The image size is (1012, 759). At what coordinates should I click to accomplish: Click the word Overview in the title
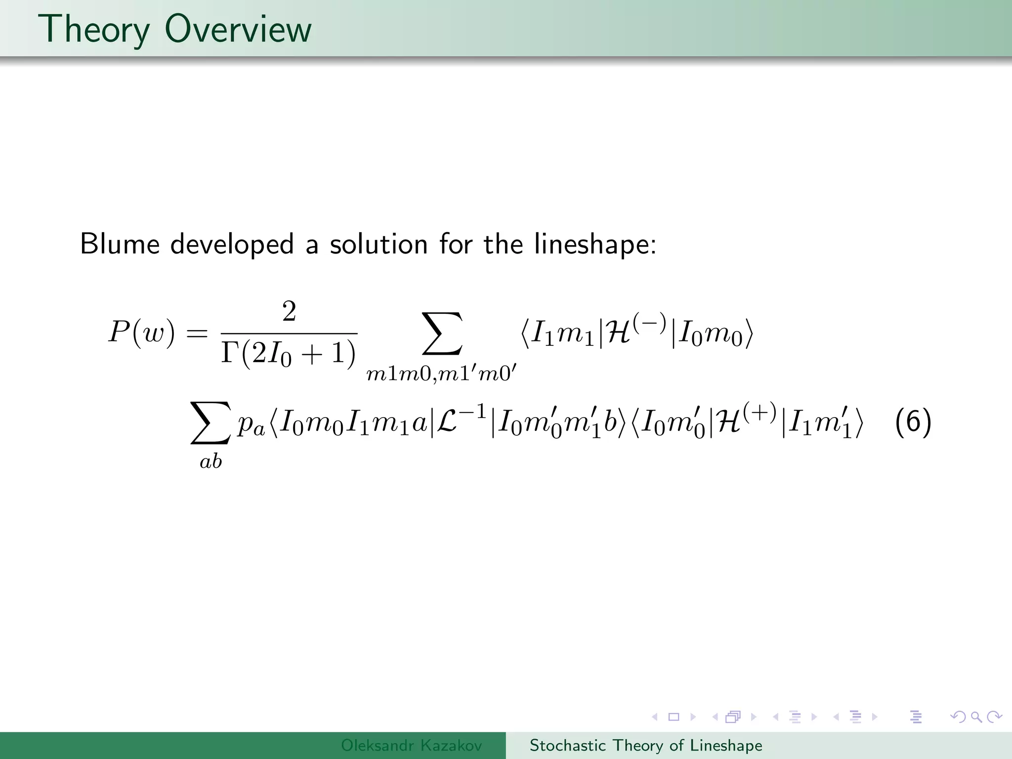(238, 29)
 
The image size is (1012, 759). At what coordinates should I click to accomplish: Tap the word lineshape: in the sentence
(595, 245)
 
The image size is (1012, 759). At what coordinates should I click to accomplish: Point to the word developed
(232, 245)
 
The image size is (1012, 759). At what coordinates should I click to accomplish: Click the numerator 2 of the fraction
(289, 312)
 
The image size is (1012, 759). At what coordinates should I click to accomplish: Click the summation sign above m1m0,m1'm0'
(442, 334)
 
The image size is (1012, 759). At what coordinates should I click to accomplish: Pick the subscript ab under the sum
(211, 462)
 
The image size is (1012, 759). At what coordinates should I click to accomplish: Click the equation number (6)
(913, 422)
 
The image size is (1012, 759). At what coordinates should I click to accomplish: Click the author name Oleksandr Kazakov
(411, 745)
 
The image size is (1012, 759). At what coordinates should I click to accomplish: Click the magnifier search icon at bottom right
(976, 717)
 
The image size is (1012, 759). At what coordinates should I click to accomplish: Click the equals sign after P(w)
(197, 334)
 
